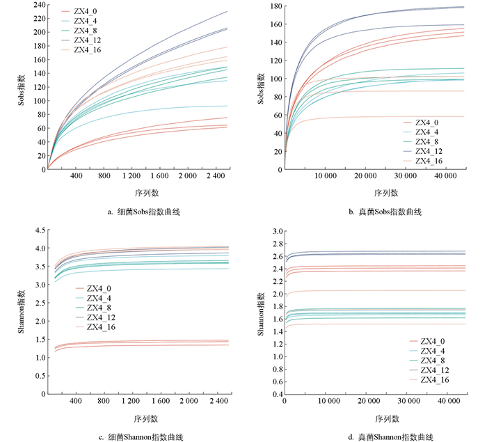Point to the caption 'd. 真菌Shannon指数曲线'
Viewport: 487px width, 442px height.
pos(381,437)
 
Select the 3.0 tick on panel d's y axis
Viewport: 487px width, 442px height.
pos(275,231)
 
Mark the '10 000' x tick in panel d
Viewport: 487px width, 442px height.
pos(325,402)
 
